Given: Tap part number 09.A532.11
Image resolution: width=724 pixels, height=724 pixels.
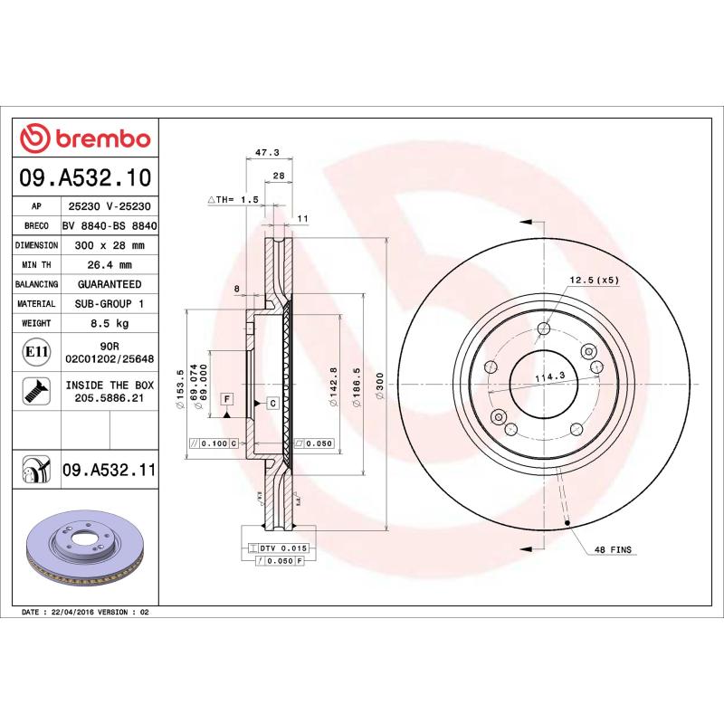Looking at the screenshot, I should tap(110, 469).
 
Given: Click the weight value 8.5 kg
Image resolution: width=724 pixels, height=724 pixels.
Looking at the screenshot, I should tap(110, 323).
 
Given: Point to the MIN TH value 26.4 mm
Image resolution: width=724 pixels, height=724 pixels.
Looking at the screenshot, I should tap(110, 264).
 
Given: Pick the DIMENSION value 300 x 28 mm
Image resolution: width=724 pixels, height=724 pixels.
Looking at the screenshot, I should tap(110, 245).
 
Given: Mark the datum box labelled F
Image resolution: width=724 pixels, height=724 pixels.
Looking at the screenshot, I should tap(226, 399).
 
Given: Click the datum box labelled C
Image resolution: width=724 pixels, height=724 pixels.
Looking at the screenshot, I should tap(272, 401).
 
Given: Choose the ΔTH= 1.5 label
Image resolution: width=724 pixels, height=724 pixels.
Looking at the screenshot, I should tap(233, 198).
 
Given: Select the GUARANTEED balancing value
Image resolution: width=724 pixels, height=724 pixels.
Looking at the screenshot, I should tap(110, 284).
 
